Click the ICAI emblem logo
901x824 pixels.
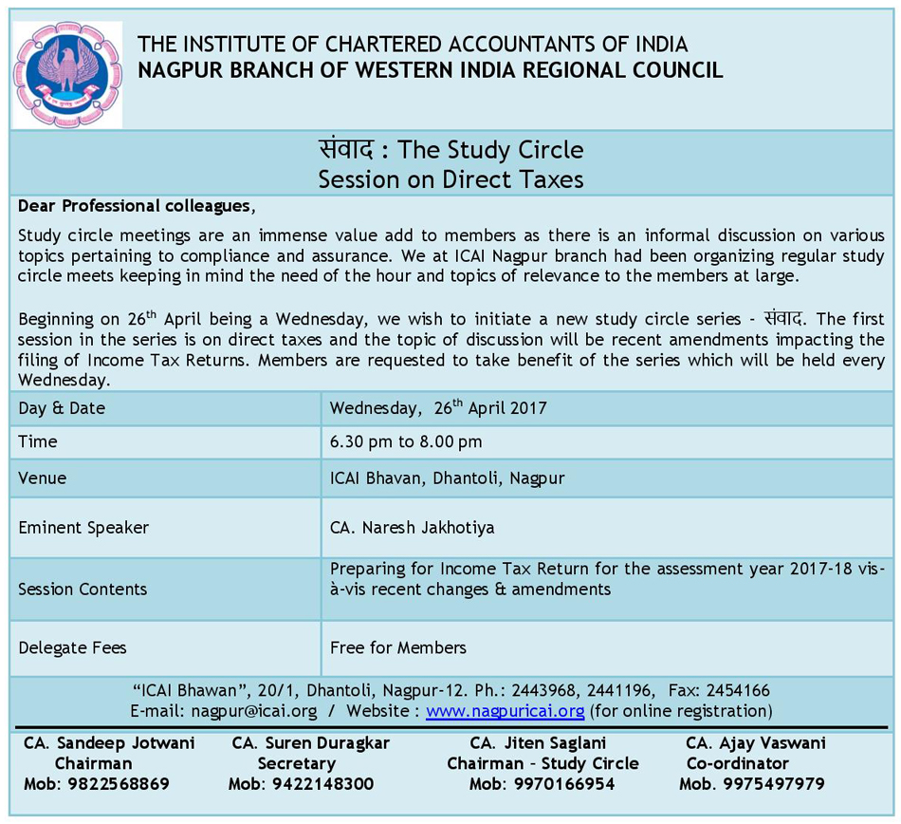67,74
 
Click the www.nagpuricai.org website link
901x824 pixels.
505,711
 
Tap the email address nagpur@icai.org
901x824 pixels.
254,711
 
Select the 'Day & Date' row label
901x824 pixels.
62,408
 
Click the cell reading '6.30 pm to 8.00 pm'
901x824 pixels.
406,441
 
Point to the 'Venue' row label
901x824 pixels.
43,478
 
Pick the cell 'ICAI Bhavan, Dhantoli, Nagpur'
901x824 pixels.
447,478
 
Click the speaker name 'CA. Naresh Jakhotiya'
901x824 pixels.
413,527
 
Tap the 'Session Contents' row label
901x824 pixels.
83,589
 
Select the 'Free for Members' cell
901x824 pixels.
398,647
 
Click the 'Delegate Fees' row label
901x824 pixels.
72,647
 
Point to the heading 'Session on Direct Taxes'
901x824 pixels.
450,178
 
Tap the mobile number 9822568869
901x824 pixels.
97,784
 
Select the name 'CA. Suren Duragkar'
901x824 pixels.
310,742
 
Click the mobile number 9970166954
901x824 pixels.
542,784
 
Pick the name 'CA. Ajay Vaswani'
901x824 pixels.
756,742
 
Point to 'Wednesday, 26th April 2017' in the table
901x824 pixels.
438,408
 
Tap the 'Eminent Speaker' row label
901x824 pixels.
83,527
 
